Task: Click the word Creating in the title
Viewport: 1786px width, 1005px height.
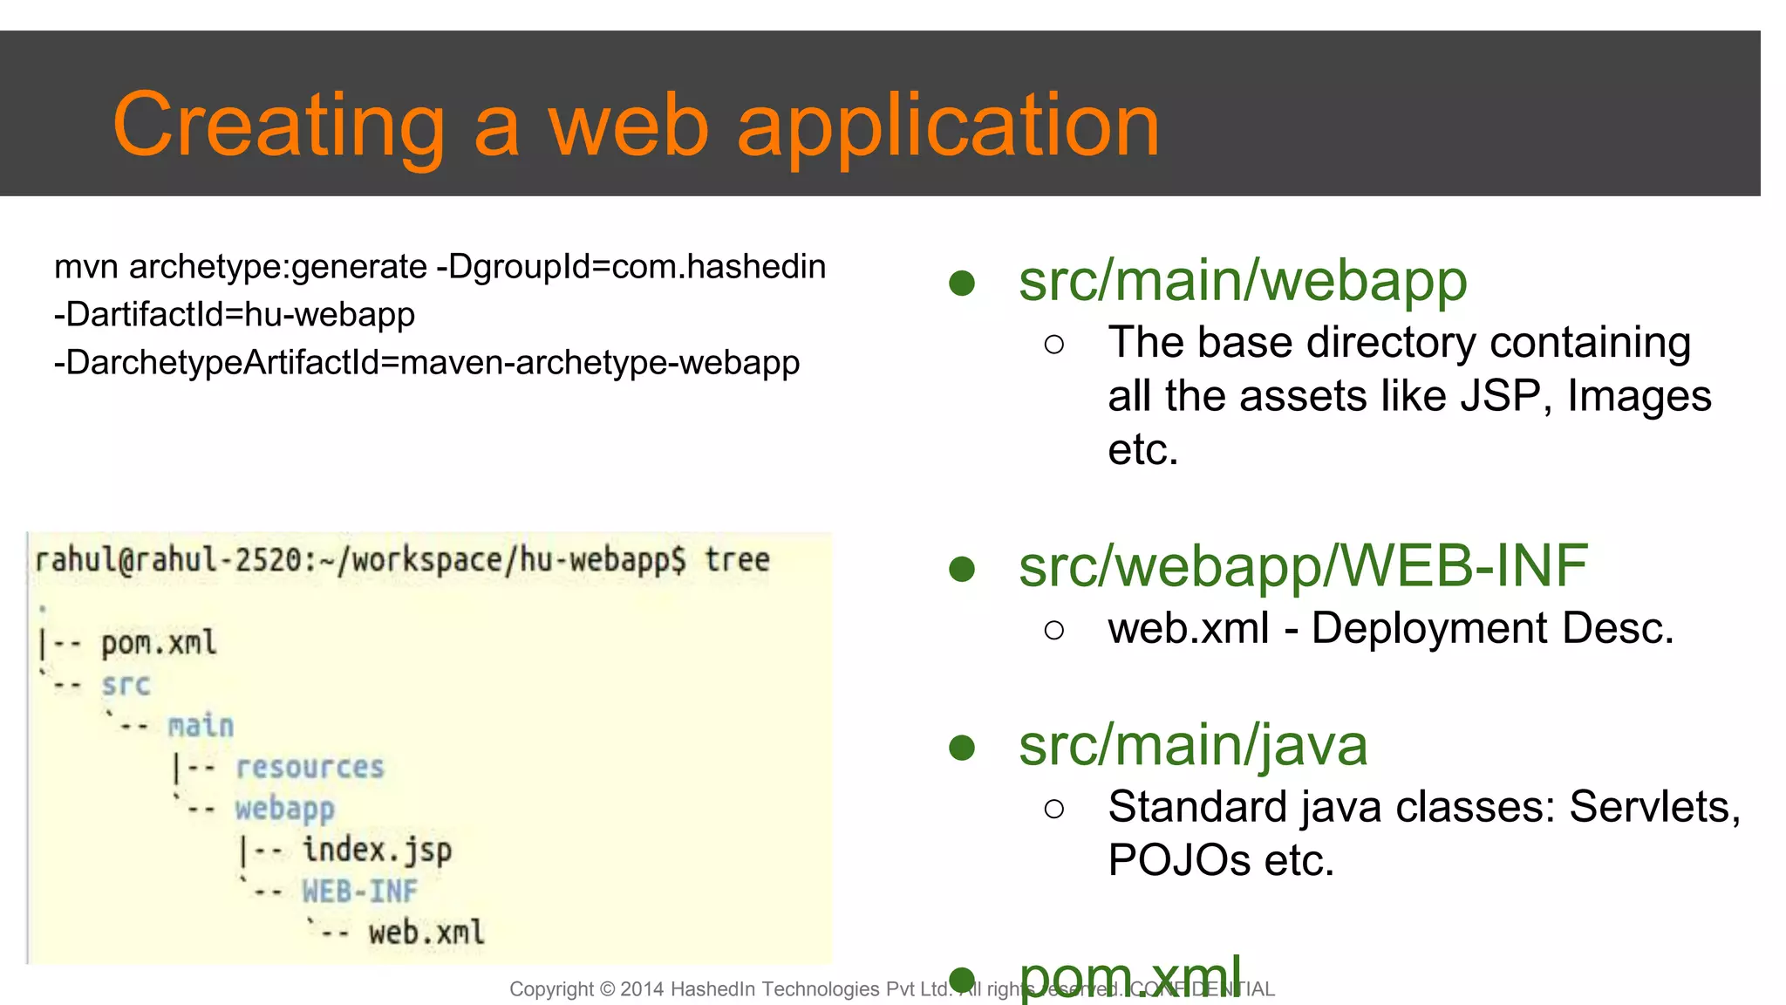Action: tap(278, 126)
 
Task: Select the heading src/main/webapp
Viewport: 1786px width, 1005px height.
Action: tap(1243, 282)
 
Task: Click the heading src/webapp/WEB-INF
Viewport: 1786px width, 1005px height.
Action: tap(1303, 566)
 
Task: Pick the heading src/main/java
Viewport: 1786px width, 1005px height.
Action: tap(1192, 746)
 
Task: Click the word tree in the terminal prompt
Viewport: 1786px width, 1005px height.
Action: tap(737, 559)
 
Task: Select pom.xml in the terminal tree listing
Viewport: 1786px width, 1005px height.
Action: tap(158, 644)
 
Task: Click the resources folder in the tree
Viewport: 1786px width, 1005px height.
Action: tap(310, 768)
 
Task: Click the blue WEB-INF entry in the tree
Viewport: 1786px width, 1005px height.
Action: tap(359, 892)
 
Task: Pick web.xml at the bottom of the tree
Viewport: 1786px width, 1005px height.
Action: tap(426, 933)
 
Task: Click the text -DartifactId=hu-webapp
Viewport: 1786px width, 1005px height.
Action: tap(235, 314)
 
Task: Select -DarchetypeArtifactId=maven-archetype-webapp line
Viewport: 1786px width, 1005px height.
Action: tap(426, 362)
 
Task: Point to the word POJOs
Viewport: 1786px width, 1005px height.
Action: tap(1179, 860)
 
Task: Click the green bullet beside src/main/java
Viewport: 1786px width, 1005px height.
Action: tap(961, 748)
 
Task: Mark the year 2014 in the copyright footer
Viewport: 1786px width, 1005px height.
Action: tap(643, 989)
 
